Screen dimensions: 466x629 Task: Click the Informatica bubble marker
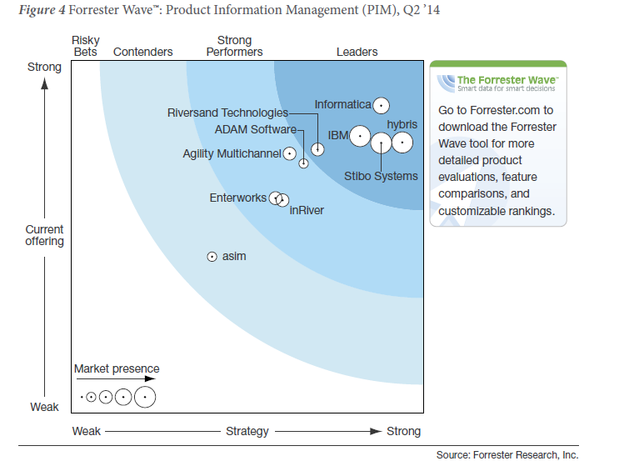coord(381,105)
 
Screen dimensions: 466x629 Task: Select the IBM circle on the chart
coord(360,135)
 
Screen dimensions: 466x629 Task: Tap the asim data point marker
coord(212,257)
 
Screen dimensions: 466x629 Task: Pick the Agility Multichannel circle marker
coord(289,153)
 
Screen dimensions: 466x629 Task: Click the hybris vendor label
coord(402,124)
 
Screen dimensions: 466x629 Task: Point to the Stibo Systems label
coord(381,176)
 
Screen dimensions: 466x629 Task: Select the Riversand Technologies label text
coord(227,113)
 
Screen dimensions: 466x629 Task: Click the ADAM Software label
coord(255,129)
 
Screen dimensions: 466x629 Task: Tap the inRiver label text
coord(307,210)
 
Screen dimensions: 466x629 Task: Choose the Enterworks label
coord(238,198)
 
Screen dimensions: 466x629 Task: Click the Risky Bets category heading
coord(86,46)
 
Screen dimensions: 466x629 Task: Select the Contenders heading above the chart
coord(143,52)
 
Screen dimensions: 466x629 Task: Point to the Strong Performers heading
coord(234,46)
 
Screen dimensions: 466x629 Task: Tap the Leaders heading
coord(357,52)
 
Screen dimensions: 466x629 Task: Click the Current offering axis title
coord(44,235)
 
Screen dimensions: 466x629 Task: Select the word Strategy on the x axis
coord(247,431)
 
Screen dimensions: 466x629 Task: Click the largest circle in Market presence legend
coord(145,398)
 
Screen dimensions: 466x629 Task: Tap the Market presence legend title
coord(117,368)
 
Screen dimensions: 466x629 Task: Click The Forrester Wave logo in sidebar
coord(498,82)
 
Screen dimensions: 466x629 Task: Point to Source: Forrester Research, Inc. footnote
coord(507,454)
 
